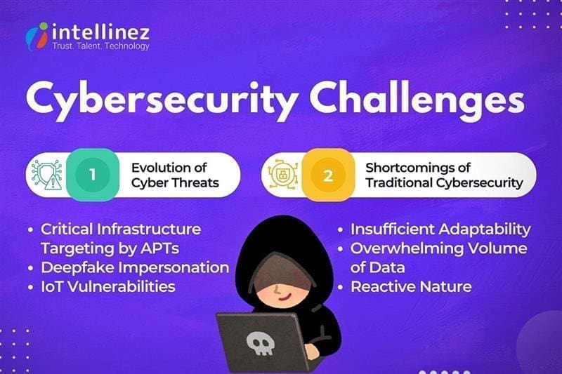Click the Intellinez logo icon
pos(37,35)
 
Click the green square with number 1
pos(93,175)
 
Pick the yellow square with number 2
pos(328,175)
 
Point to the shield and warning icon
pos(47,175)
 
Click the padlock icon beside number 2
pos(283,175)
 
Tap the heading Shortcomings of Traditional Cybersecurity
pos(444,175)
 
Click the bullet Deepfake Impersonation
pos(134,267)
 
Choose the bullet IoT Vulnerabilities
pos(107,286)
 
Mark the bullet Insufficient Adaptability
pos(440,229)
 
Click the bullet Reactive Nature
pos(411,286)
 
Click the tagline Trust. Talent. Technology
pos(102,46)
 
